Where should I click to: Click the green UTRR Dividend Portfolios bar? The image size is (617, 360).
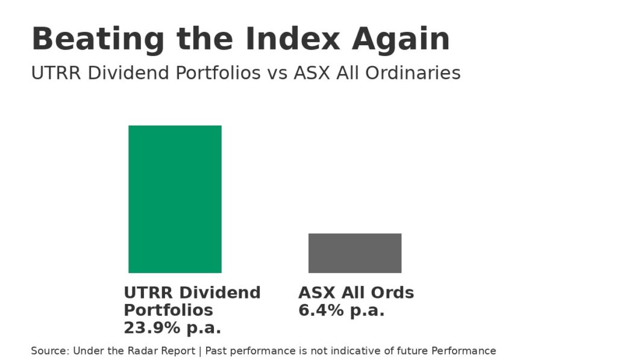[175, 199]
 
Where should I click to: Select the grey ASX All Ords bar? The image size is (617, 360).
[355, 253]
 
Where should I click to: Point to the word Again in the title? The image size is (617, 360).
[401, 40]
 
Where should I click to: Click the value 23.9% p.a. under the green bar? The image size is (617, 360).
[172, 328]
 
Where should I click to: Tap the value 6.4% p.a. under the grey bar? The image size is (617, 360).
[342, 311]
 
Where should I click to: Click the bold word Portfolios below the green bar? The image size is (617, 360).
[168, 311]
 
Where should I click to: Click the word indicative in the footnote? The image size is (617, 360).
[345, 351]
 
